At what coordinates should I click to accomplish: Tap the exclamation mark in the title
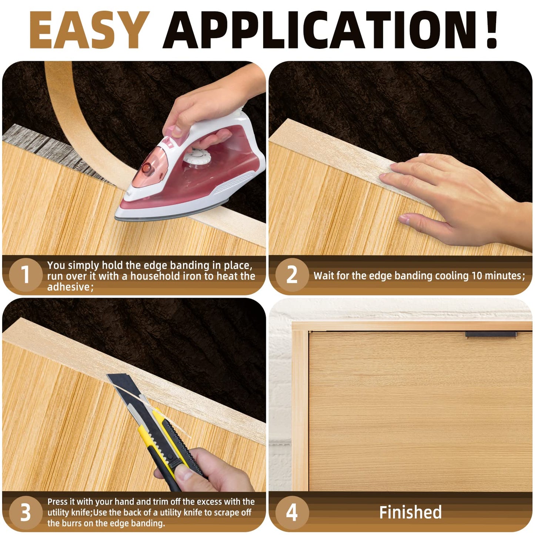pyautogui.click(x=489, y=30)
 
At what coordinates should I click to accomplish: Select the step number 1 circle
pyautogui.click(x=26, y=275)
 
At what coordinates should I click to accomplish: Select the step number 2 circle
pyautogui.click(x=292, y=275)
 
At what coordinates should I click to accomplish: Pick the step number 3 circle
pyautogui.click(x=26, y=513)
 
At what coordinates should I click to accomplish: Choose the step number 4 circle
pyautogui.click(x=292, y=513)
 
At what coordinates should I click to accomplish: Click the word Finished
pyautogui.click(x=410, y=512)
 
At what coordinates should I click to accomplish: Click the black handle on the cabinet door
pyautogui.click(x=491, y=334)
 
